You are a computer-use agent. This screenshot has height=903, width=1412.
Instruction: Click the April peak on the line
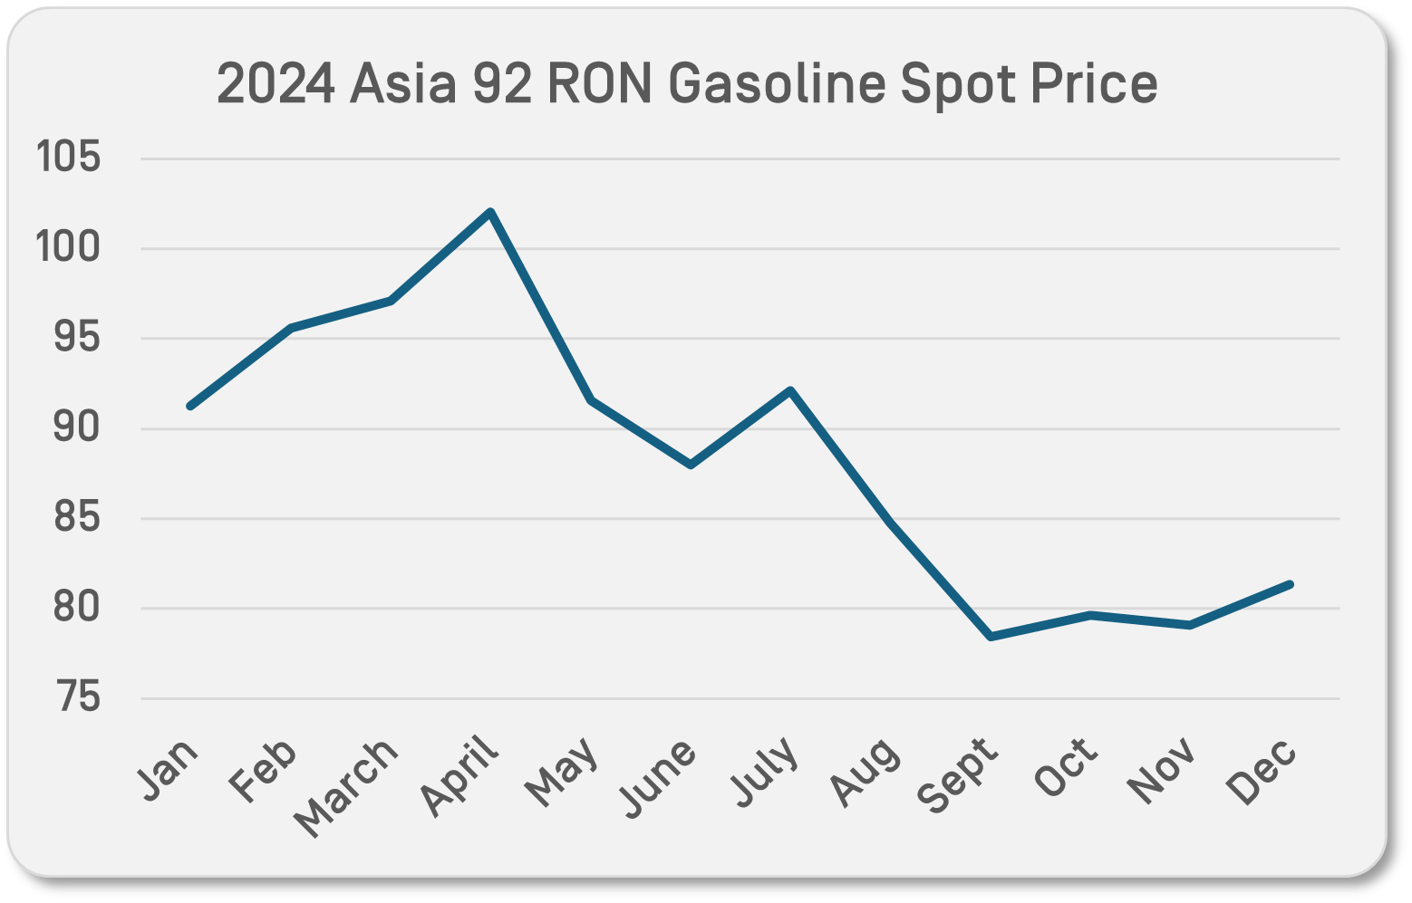point(490,213)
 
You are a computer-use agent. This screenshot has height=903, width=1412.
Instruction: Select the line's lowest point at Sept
point(991,637)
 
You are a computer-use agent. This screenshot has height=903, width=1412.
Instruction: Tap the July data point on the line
point(790,391)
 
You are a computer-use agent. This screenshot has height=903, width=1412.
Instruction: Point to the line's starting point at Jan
point(190,406)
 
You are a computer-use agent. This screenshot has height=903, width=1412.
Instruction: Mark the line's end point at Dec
point(1290,584)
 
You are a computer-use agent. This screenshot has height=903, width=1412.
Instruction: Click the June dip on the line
point(691,465)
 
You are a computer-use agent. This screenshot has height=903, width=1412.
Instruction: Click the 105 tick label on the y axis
point(68,159)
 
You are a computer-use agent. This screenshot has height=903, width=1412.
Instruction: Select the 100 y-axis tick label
point(68,248)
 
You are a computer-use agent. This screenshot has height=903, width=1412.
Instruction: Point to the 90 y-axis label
point(76,428)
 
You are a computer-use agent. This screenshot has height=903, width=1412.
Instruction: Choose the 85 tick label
point(76,518)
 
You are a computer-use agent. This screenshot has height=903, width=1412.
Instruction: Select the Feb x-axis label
point(263,771)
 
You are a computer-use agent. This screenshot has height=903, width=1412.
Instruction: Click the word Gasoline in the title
point(776,84)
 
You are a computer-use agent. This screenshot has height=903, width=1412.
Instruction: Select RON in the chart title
point(599,84)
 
